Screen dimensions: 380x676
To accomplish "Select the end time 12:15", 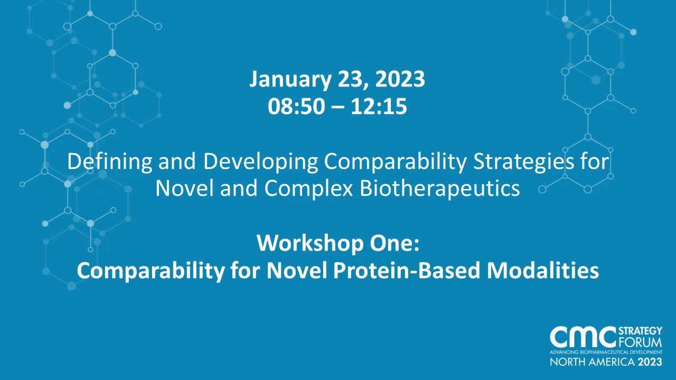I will click(x=381, y=107).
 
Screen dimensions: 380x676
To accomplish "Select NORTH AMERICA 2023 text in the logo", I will click(x=606, y=363).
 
